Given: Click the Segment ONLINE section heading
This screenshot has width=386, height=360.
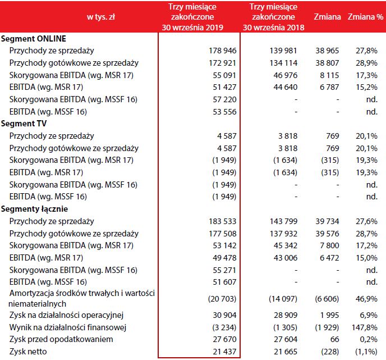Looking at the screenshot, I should click(x=34, y=39).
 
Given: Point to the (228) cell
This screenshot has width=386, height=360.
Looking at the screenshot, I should click(x=330, y=352).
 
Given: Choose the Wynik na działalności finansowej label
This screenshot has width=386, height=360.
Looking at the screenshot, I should click(x=66, y=327).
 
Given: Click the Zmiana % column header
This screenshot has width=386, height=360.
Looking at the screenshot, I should click(x=365, y=17).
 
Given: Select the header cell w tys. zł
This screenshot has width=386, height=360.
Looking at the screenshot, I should click(x=101, y=17).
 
